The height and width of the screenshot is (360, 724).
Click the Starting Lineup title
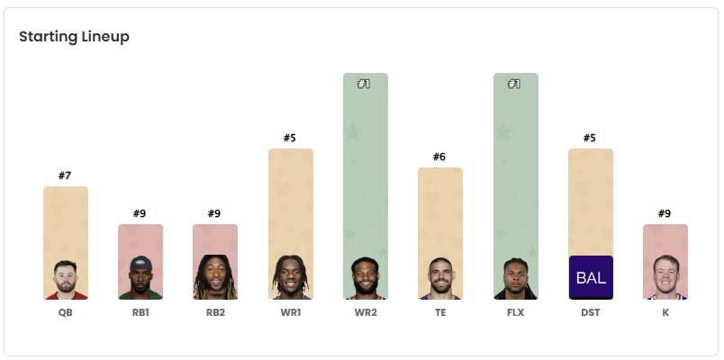coord(74,37)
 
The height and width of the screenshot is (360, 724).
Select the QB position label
coord(66,313)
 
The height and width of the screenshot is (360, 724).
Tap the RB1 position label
coord(140,313)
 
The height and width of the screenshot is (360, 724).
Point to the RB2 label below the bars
coord(215,313)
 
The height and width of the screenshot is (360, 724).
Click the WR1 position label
coord(290,313)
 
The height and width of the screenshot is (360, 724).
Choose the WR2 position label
coord(365,313)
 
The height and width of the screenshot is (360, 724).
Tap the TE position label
coord(439,313)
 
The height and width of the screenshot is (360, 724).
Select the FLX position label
coord(515,313)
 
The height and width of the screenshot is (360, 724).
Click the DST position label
coord(590,313)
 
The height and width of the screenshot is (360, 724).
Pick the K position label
coord(665,313)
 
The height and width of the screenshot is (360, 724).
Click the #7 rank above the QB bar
coord(65,175)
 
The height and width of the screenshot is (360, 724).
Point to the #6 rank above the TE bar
coord(439,157)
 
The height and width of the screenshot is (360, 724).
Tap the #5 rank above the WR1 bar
coord(290,138)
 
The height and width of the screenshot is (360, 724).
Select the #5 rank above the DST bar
coord(590,138)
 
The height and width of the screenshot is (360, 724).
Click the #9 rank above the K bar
coord(665,213)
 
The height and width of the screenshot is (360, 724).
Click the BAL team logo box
coord(591,277)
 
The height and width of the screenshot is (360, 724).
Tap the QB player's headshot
coord(66,280)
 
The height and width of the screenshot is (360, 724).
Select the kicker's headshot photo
coord(665,280)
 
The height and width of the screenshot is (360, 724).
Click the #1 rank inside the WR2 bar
coord(365,84)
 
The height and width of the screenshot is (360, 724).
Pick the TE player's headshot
coord(440,280)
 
